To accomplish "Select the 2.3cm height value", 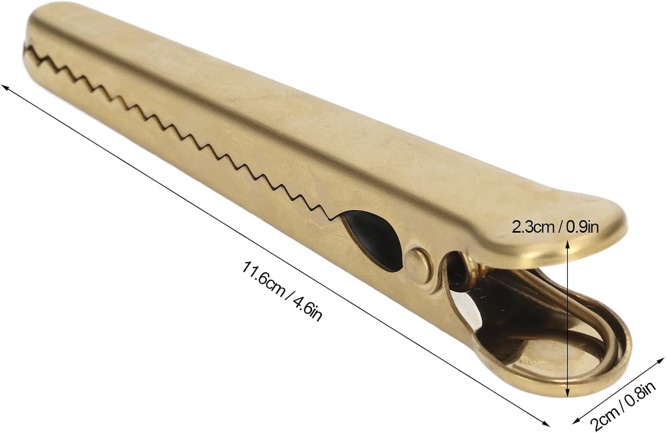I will click(x=532, y=227).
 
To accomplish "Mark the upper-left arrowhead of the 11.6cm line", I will click(x=4, y=86).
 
